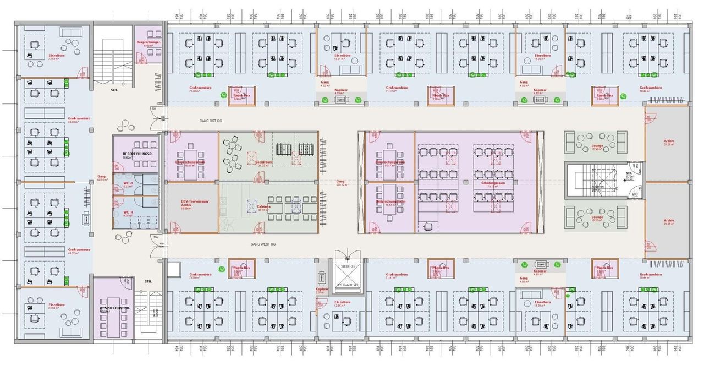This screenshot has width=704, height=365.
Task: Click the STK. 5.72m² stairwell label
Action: tap(629, 173)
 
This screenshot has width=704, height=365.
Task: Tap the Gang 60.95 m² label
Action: tap(101, 177)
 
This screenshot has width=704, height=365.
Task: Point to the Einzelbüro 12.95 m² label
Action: tap(342, 303)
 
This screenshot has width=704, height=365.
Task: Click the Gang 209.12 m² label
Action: tap(340, 182)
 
